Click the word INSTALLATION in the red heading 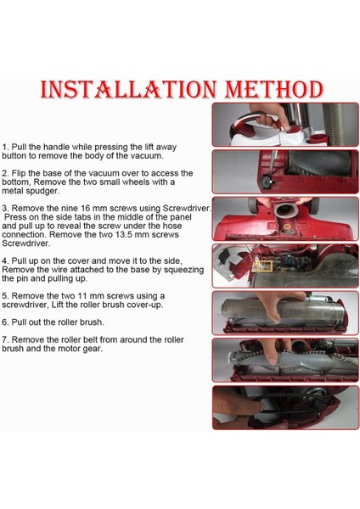128,90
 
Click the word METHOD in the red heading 274,90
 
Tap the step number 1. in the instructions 6,147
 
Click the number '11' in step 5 82,296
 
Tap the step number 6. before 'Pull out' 6,322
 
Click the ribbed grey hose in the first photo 342,125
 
